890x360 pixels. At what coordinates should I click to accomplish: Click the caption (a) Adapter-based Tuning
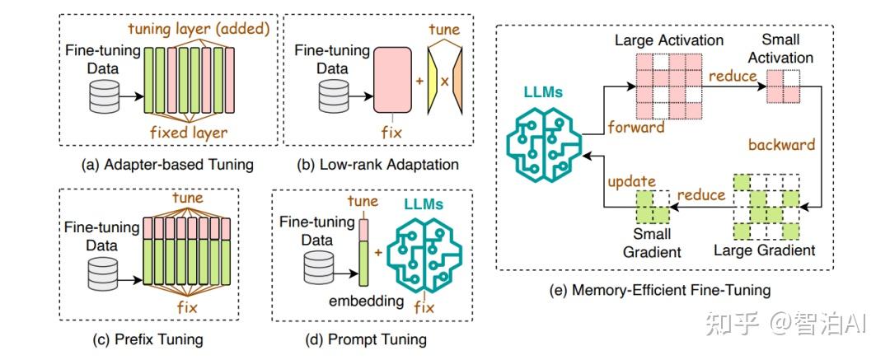tap(167, 166)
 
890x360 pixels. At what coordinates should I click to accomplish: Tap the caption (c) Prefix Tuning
tap(148, 339)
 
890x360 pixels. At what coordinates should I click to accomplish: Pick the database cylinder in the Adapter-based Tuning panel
tap(105, 96)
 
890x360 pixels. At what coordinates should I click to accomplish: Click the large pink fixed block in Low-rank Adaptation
tap(392, 80)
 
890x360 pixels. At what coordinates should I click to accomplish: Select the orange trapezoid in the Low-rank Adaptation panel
tap(458, 81)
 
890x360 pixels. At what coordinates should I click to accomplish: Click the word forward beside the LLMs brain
tap(635, 127)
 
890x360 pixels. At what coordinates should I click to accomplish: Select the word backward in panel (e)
tap(781, 144)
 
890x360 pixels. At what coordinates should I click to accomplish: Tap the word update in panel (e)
tap(632, 183)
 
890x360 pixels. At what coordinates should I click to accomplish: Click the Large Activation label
tap(669, 40)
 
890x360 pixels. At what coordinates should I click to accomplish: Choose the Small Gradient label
tap(652, 242)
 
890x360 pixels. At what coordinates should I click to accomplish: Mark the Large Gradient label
tap(764, 250)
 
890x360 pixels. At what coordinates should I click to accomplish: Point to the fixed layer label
tap(189, 133)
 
